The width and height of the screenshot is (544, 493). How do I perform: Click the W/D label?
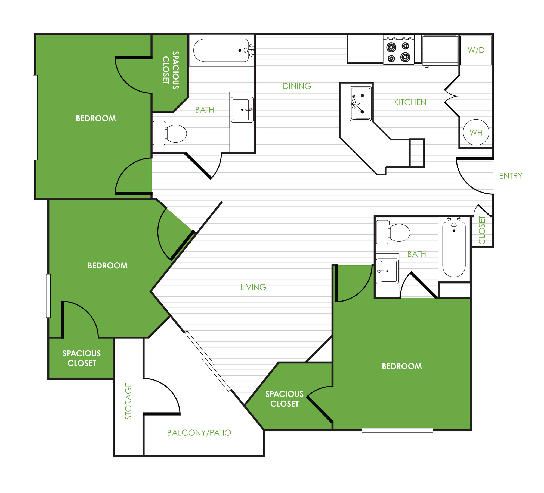click(476, 50)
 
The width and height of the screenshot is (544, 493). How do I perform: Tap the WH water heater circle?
click(476, 132)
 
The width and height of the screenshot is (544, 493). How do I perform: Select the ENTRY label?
click(511, 176)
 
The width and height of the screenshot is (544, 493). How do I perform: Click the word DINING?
click(297, 86)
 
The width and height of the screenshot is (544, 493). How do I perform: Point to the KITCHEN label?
click(410, 102)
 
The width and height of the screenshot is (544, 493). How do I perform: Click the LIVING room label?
click(253, 287)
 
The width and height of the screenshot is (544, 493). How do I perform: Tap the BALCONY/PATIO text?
click(199, 433)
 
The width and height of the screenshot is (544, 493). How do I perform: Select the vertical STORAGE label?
click(128, 401)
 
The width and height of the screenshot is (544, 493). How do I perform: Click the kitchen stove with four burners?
click(399, 50)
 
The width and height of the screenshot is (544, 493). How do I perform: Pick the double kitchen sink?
click(361, 103)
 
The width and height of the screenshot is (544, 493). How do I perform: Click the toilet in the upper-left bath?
click(170, 133)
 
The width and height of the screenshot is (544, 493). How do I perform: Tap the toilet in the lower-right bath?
click(393, 232)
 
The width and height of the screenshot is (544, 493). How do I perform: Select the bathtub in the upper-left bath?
click(221, 50)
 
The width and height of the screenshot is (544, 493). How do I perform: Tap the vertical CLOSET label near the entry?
click(482, 230)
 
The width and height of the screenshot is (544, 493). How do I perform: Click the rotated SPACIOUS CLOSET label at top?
click(171, 70)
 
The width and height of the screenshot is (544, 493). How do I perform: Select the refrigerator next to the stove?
click(440, 51)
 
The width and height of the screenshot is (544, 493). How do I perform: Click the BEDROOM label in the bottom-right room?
click(402, 366)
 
